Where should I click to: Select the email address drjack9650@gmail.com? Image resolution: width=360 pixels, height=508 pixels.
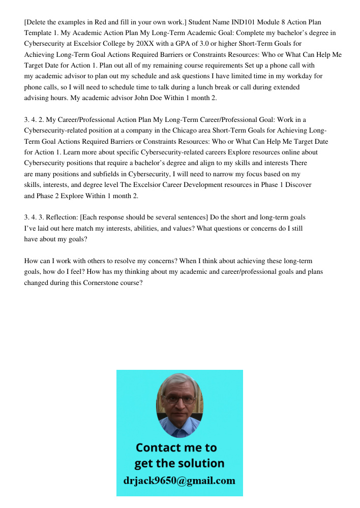179,481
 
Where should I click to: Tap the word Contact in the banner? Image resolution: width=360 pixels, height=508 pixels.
156,448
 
